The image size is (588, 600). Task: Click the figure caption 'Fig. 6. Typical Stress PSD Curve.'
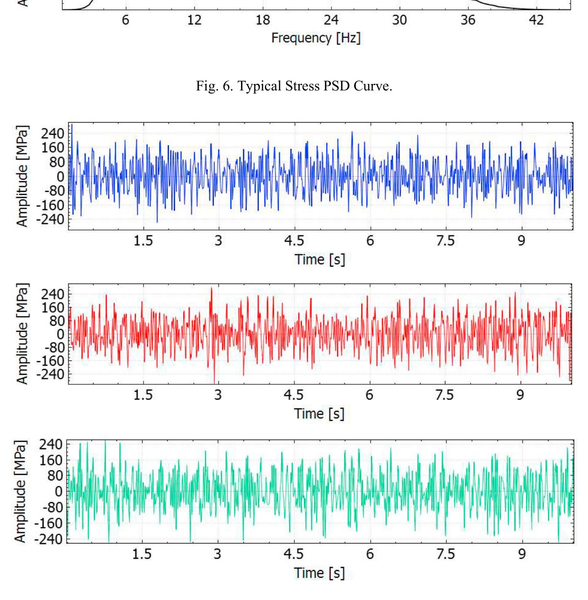coord(294,86)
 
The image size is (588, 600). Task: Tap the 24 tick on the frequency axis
coord(331,20)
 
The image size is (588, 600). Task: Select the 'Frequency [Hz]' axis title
coord(316,38)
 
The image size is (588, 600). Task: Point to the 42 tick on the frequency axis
coord(536,20)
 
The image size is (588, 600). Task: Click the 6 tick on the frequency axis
coord(125,20)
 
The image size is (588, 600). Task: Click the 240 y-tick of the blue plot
coord(52,133)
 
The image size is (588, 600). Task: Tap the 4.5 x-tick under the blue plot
coord(294,240)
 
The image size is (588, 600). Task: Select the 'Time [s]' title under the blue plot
coord(320,260)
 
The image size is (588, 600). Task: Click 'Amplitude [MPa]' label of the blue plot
coord(22,176)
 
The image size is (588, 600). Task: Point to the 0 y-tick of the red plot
coord(60,334)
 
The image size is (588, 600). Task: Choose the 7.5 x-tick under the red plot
coord(444,395)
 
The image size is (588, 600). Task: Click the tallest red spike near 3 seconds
coord(211,289)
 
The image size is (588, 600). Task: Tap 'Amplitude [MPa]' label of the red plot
coord(22,334)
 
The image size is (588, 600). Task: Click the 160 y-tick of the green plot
coord(51,460)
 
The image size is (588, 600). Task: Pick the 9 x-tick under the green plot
coord(521,554)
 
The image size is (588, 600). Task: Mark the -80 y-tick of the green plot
coord(50,507)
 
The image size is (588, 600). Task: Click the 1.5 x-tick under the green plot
coord(142,554)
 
